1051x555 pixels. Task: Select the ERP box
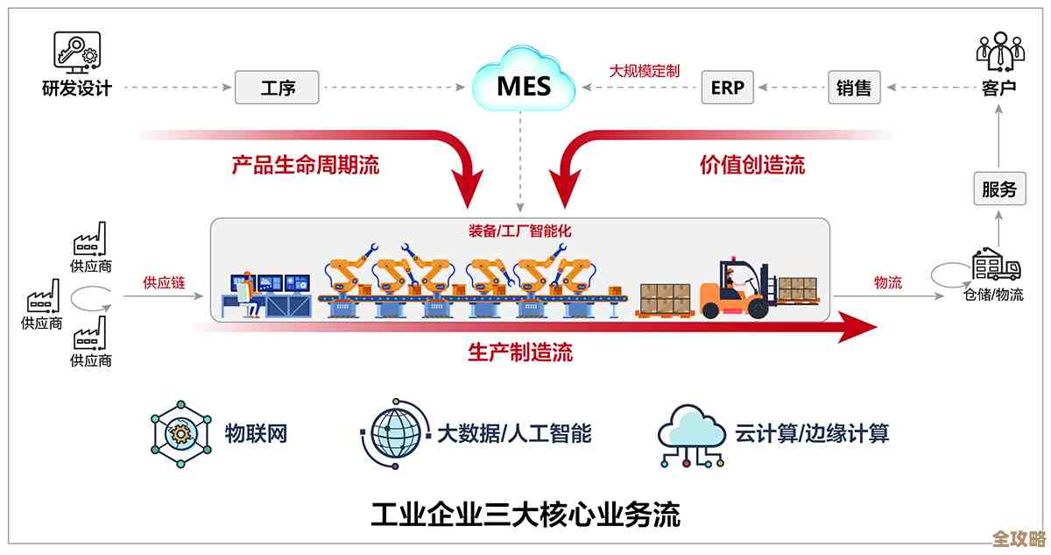727,88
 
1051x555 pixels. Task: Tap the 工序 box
277,88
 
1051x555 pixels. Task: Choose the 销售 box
853,88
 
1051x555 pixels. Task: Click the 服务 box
998,189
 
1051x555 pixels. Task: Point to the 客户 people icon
999,52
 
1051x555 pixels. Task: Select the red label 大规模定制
645,71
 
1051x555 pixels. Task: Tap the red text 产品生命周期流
306,165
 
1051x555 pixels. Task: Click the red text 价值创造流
751,165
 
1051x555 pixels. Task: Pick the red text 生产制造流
520,352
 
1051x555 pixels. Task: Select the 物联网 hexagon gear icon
181,432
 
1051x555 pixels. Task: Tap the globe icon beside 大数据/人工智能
393,432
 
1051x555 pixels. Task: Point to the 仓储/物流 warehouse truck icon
997,263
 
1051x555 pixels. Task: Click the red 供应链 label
162,282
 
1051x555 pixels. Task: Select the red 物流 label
887,282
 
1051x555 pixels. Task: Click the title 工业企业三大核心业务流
525,513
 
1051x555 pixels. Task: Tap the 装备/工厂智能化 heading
519,232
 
